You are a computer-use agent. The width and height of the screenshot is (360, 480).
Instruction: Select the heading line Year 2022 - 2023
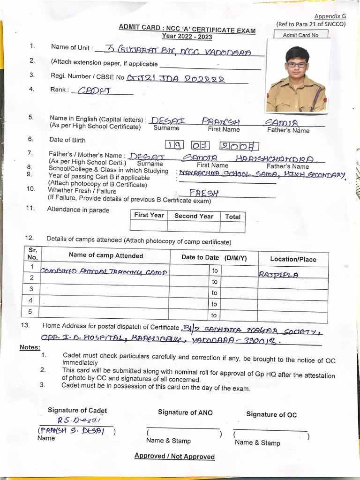[187, 36]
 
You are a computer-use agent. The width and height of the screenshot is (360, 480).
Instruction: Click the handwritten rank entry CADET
[93, 90]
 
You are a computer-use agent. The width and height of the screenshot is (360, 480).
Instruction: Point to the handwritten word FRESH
[204, 193]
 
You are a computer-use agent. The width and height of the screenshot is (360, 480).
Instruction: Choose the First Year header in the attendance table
[149, 215]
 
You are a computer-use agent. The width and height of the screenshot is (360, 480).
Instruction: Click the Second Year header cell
[194, 216]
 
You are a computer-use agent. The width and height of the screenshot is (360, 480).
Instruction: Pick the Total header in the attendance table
[232, 217]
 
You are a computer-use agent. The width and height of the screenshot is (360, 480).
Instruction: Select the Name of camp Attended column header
[106, 255]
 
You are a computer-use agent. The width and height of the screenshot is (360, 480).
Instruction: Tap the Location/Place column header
[293, 259]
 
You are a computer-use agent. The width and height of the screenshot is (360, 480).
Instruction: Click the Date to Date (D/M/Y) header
[214, 257]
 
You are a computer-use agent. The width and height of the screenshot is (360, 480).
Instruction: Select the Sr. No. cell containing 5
[31, 311]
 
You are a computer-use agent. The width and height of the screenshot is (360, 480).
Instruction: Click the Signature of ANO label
[185, 412]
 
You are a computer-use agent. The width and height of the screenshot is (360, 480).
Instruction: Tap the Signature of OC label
[271, 414]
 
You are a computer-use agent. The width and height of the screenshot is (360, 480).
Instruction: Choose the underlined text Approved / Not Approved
[174, 456]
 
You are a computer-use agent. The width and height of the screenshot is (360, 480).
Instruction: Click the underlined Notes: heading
[30, 347]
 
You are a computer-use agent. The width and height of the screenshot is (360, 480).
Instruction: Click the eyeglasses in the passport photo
[297, 65]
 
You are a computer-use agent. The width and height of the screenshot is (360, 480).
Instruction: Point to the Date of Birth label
[67, 140]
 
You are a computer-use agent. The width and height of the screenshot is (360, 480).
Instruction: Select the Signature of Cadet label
[77, 411]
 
